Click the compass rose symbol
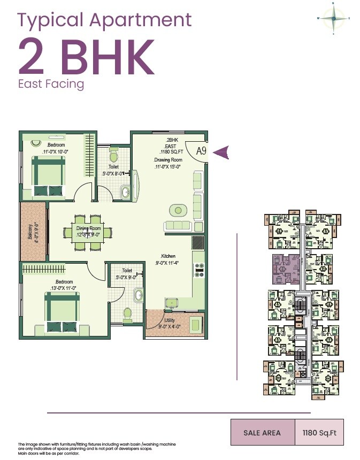pos(333,19)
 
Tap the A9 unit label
pos(201,151)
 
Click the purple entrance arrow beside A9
pos(221,152)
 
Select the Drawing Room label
pos(168,160)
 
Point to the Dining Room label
pos(89,228)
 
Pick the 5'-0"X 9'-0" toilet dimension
pos(127,277)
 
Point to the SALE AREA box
pos(262,433)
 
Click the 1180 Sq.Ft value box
pos(317,433)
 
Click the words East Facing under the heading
pos(51,84)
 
